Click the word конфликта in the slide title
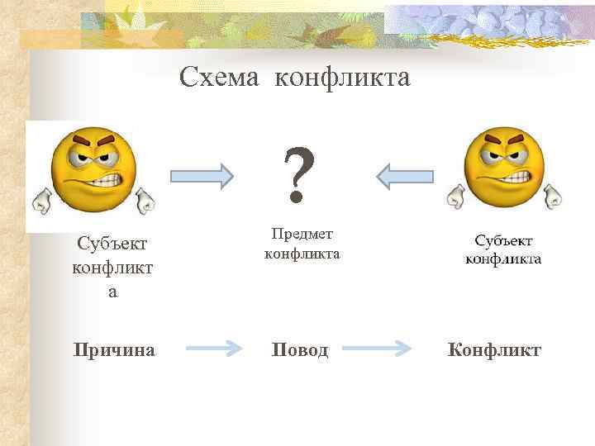341,78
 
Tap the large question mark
298,174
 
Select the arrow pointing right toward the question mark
202,175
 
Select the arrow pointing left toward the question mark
404,175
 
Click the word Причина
113,350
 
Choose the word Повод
300,350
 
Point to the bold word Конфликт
494,350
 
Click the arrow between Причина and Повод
213,350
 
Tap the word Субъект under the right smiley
503,240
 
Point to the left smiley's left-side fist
41,198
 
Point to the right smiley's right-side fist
553,196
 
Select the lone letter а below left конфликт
112,292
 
